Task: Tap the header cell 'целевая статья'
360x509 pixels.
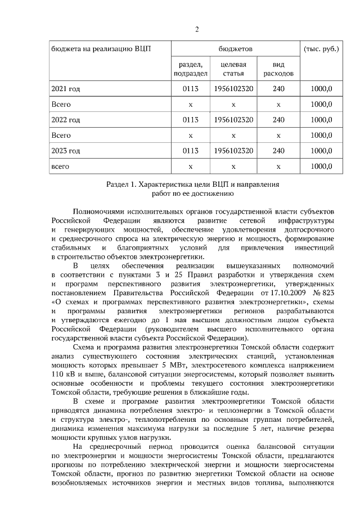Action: pyautogui.click(x=233, y=69)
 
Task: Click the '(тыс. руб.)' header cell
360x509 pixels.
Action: pyautogui.click(x=321, y=49)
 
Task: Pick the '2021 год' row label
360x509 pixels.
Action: pyautogui.click(x=66, y=89)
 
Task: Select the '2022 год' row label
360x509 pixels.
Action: pyautogui.click(x=66, y=120)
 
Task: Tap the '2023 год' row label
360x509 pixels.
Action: pyautogui.click(x=66, y=151)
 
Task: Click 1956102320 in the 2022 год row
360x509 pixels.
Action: pyautogui.click(x=233, y=120)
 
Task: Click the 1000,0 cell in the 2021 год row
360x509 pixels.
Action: pyautogui.click(x=321, y=89)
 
